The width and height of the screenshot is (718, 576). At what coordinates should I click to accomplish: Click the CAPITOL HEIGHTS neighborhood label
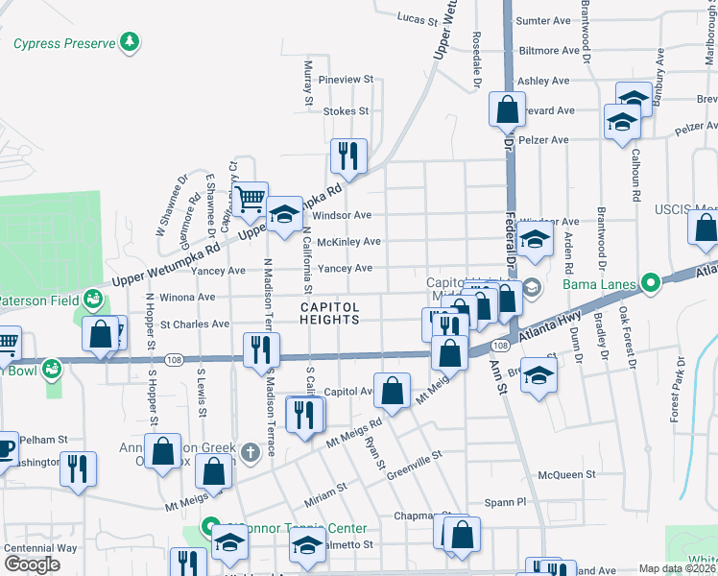330,314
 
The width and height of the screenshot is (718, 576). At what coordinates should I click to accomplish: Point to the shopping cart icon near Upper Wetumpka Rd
251,200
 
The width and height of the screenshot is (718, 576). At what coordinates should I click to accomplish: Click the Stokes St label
346,111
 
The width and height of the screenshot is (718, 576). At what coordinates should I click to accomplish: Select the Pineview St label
350,80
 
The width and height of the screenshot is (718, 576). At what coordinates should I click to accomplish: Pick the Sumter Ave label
543,20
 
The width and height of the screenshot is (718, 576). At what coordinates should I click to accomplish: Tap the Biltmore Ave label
549,50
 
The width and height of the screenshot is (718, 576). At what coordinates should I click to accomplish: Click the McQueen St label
567,474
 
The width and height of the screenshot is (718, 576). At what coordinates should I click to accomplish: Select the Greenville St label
414,465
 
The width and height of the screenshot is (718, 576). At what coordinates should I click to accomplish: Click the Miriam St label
326,492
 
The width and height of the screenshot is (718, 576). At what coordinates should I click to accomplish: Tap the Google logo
32,564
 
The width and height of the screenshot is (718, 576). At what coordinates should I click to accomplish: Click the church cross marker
251,451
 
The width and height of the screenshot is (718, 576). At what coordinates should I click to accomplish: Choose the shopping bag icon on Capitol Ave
392,390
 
